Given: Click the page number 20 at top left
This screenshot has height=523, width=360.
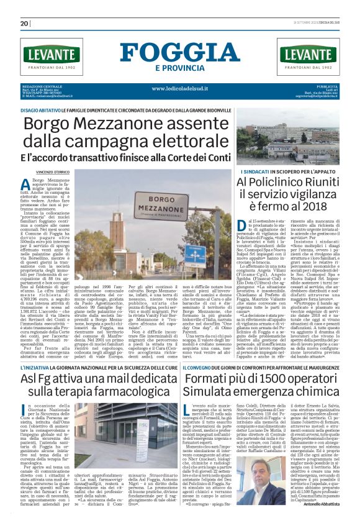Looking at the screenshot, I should [x=25, y=24].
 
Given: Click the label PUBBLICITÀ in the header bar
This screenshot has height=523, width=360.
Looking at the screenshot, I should [x=326, y=86].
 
